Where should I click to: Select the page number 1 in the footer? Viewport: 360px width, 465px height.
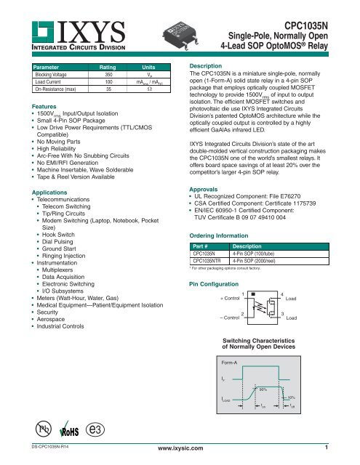click(x=327, y=458)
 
